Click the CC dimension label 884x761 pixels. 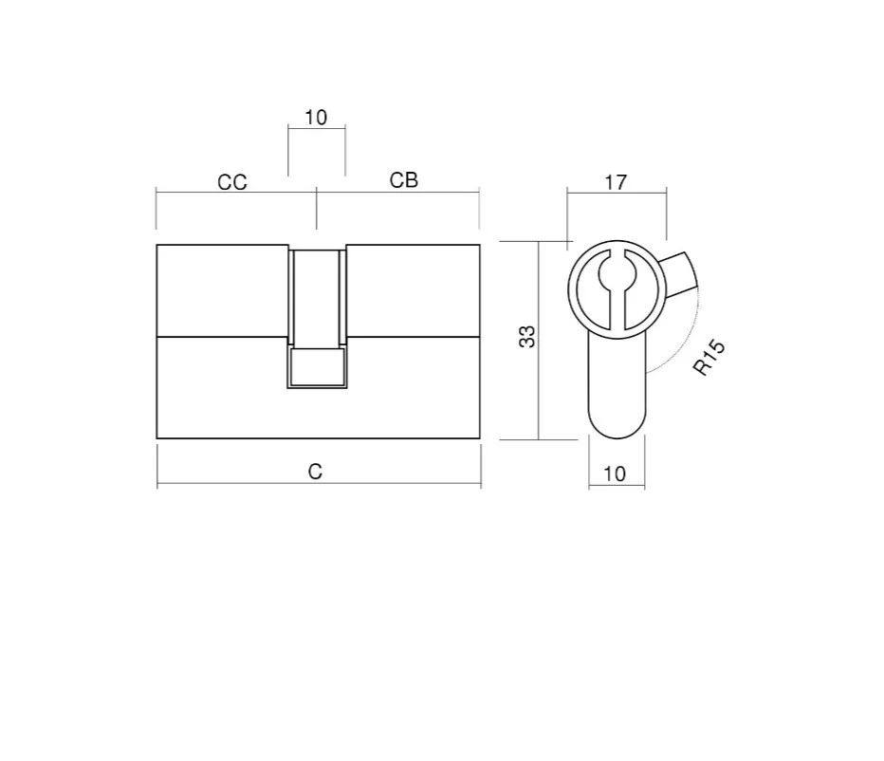(232, 182)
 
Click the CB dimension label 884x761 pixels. (404, 180)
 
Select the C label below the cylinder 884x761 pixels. (315, 472)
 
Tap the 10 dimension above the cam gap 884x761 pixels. (316, 118)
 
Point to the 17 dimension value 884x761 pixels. (616, 183)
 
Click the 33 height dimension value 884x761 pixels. (527, 336)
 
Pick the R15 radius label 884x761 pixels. (709, 358)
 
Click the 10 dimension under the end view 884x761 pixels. (615, 473)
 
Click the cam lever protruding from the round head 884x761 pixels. (679, 275)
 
